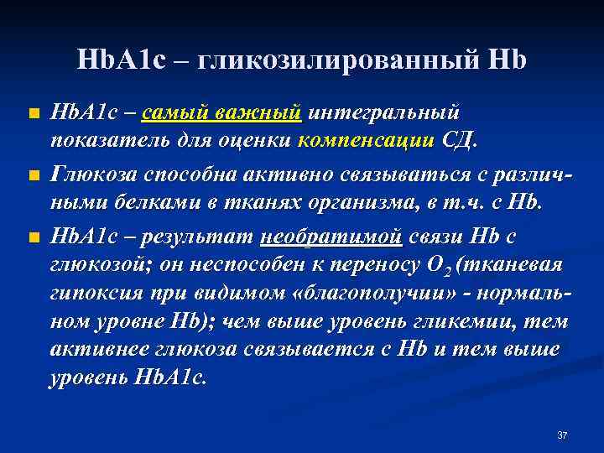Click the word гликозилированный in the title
click(346, 60)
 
